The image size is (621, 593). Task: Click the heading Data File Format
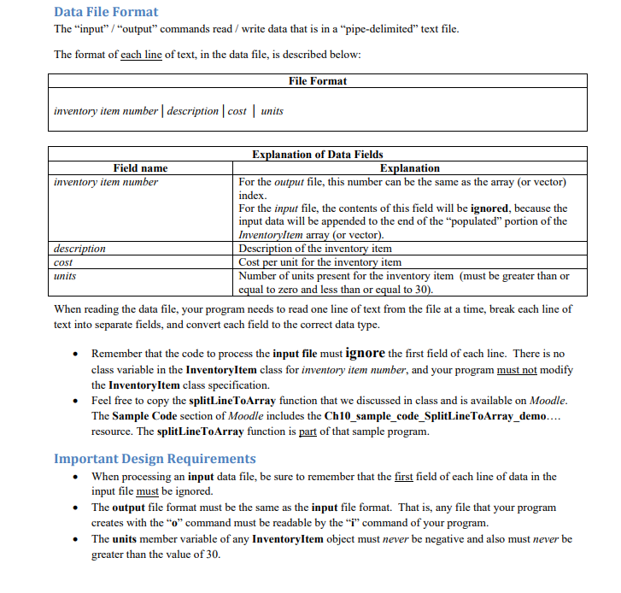point(106,12)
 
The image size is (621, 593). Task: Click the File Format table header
point(318,81)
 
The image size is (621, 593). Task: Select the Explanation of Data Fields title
point(318,155)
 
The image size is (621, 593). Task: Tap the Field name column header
point(140,168)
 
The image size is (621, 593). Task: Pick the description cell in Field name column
point(79,249)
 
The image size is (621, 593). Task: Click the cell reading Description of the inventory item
point(315,249)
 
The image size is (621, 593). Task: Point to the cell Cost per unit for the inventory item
point(320,262)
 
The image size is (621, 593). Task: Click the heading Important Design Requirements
point(155,459)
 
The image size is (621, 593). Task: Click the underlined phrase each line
point(142,56)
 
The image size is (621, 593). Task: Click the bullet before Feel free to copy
point(78,400)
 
